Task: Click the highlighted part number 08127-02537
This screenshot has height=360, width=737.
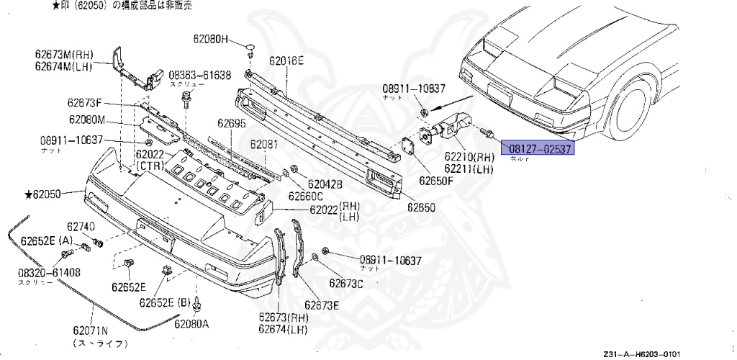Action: [540, 149]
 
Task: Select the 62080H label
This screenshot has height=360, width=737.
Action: [209, 38]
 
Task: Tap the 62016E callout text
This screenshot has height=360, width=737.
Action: [286, 61]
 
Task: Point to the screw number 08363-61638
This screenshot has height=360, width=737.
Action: [200, 75]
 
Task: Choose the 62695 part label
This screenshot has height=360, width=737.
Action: [232, 124]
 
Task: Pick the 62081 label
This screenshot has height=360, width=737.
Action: [263, 145]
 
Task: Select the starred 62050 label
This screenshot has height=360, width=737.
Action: [45, 194]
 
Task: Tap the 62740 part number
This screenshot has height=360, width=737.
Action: [81, 226]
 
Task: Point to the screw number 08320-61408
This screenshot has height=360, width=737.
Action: [49, 273]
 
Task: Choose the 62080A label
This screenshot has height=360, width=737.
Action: [191, 323]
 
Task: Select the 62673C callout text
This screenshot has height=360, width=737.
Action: [346, 284]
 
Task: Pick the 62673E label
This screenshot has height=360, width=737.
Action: [321, 305]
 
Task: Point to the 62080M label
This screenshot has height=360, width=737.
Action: [88, 120]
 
